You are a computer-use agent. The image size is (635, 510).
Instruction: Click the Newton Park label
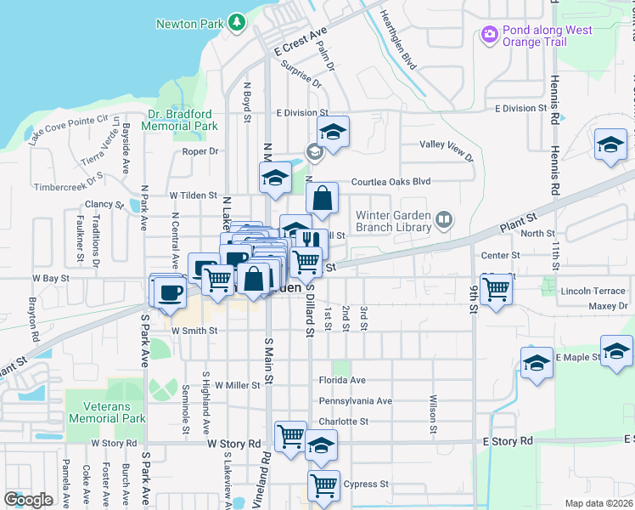click(188, 24)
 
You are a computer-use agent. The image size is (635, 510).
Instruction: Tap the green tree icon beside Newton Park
click(238, 21)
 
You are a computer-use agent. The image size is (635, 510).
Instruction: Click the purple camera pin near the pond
click(488, 35)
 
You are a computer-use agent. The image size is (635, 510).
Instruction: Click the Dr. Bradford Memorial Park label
click(180, 120)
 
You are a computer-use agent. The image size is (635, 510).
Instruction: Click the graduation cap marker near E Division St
click(334, 132)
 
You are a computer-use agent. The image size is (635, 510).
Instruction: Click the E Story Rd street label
click(507, 441)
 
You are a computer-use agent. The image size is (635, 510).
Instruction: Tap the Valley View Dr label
click(447, 150)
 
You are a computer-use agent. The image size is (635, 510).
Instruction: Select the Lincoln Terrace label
click(593, 291)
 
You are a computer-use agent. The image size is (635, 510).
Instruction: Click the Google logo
click(28, 500)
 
